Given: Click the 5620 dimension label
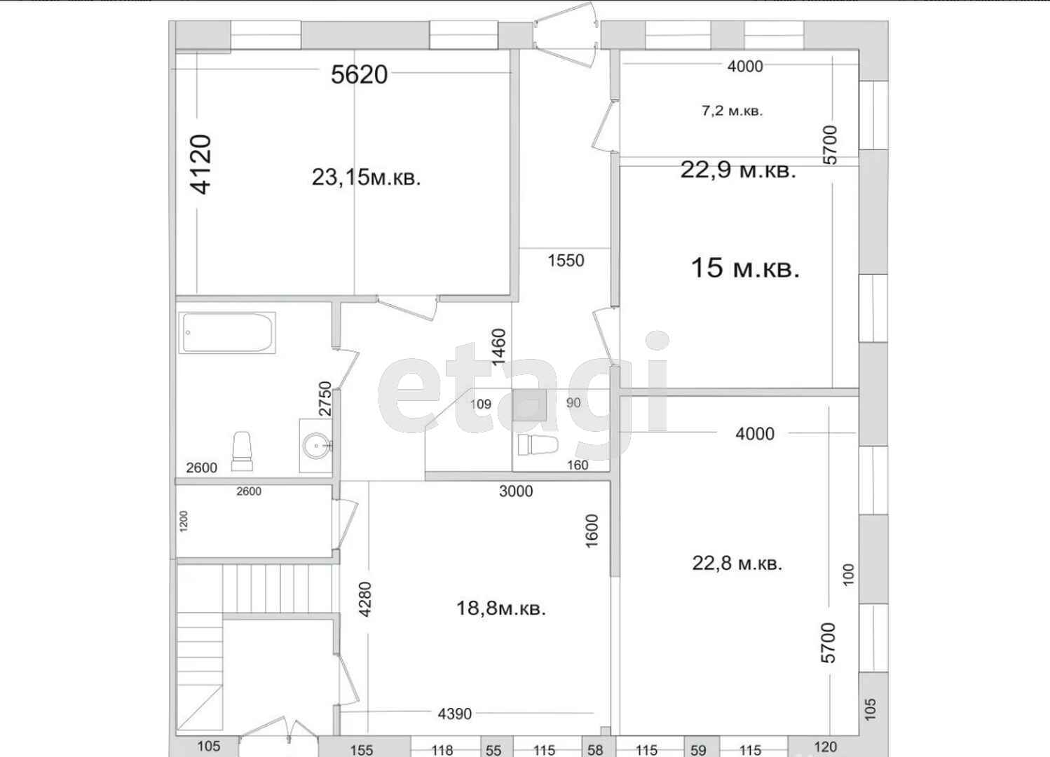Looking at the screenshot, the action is (x=359, y=74).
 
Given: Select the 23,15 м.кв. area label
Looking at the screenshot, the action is (x=366, y=178).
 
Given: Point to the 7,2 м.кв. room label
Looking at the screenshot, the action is (x=732, y=111).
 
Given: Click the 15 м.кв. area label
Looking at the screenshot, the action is (x=745, y=268).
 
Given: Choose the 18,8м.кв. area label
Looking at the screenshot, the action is (x=501, y=609).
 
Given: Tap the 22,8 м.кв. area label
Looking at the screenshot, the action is (x=737, y=563).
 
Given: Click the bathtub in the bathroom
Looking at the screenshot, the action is (x=227, y=333).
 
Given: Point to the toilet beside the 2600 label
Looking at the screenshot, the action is (x=243, y=451).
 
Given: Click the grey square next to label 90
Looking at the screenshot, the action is (x=530, y=405).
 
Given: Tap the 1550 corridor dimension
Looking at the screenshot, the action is (x=566, y=261).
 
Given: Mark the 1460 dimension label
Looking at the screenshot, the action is (x=499, y=347).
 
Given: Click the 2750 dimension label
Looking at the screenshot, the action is (x=325, y=398).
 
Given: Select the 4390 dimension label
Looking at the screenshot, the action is (x=455, y=714).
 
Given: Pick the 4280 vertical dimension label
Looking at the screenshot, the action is (x=364, y=599).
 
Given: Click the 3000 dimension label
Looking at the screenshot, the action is (x=516, y=491).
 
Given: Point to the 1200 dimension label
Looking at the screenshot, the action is (x=183, y=521).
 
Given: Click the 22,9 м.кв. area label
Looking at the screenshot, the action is (x=738, y=170).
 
